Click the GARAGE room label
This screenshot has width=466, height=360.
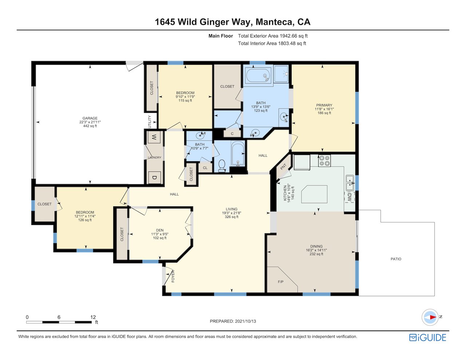[x=90, y=118]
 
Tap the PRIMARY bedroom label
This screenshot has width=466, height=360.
[x=324, y=105]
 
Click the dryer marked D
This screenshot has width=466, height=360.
[x=154, y=178]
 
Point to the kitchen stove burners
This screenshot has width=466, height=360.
[x=324, y=161]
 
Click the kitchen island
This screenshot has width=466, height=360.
[x=315, y=194]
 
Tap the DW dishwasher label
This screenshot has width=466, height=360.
[x=349, y=197]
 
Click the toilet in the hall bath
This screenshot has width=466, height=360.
[x=222, y=166]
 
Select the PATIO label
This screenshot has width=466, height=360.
[x=396, y=259]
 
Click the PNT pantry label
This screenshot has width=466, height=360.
[x=283, y=167]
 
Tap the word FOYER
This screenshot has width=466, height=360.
[x=173, y=276]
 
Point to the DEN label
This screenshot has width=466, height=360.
[x=160, y=230]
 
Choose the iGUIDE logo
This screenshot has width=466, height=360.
[x=428, y=337]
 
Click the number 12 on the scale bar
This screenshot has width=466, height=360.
[x=93, y=317]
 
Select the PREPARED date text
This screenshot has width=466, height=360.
[x=233, y=321]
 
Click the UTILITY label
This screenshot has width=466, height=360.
[x=150, y=122]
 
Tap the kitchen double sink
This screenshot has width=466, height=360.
[x=349, y=183]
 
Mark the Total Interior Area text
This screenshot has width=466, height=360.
[x=272, y=43]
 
